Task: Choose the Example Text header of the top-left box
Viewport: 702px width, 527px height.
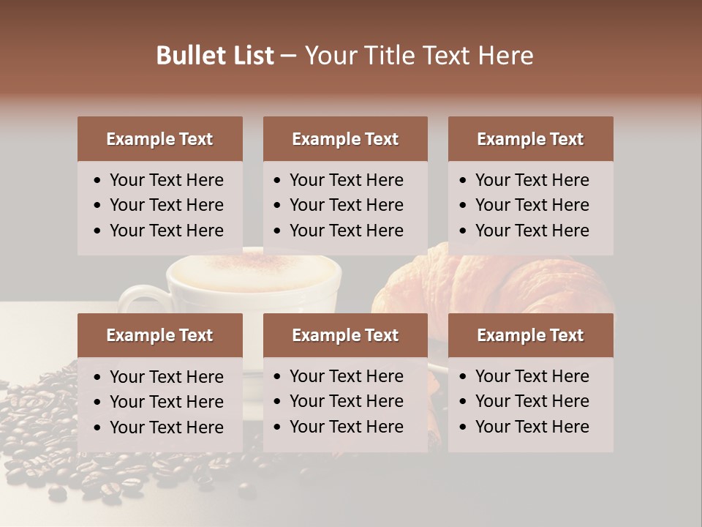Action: click(159, 139)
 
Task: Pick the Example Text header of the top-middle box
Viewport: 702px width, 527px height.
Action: click(345, 139)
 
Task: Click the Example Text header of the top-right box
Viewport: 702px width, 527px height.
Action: click(530, 139)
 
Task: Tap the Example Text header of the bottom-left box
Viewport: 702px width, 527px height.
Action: click(159, 335)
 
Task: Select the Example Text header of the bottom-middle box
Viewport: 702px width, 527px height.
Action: click(345, 335)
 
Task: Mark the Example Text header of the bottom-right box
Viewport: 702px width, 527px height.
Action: click(530, 335)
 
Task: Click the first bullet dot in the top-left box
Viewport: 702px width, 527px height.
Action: click(98, 181)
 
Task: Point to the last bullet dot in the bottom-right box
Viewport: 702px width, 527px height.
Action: click(464, 427)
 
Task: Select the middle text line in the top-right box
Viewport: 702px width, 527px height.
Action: click(532, 205)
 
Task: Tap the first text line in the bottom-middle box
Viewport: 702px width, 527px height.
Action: click(346, 376)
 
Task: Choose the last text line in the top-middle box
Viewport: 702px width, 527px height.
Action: click(346, 231)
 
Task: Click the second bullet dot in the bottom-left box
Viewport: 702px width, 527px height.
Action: click(98, 403)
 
